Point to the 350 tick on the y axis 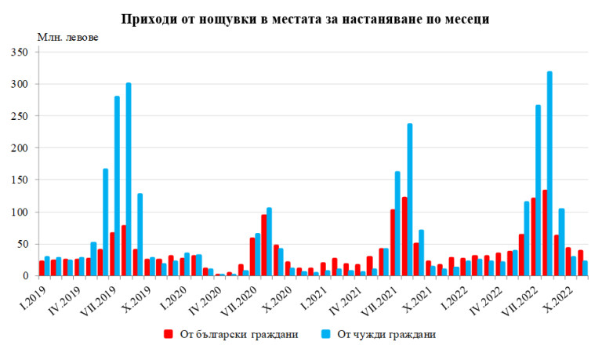(18, 52)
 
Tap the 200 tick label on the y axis (18, 148)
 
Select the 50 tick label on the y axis (21, 244)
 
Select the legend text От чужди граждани (386, 334)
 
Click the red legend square (167, 334)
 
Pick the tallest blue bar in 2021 (409, 199)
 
